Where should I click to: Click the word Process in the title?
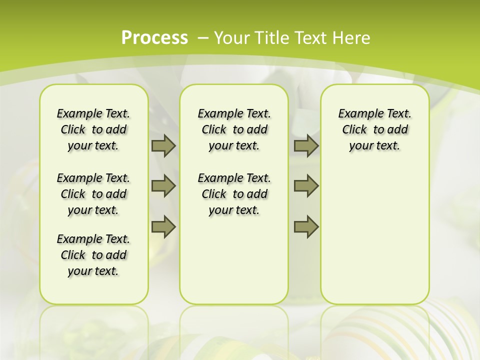point(154,37)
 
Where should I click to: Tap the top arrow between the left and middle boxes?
point(163,145)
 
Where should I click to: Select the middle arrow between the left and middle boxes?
point(163,186)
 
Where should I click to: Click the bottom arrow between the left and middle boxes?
point(163,227)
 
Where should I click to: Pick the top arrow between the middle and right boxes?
point(306,145)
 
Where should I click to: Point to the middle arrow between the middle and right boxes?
point(306,186)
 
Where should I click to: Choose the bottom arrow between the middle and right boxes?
point(306,227)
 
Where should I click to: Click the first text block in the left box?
point(93,129)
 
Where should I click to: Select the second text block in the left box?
point(93,194)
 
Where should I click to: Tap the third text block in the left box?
point(93,255)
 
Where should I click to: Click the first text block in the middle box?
point(234,129)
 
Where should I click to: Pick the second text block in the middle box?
point(234,194)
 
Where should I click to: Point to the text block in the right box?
point(374,129)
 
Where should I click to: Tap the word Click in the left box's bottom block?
point(73,255)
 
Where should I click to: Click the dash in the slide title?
point(203,37)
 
